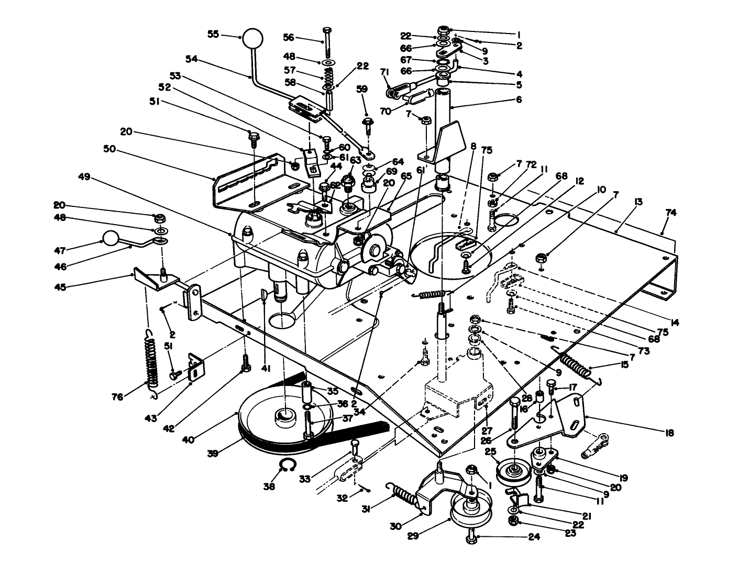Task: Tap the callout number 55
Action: click(x=213, y=35)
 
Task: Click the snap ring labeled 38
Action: click(x=287, y=465)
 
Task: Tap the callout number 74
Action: click(x=671, y=213)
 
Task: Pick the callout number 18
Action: click(x=669, y=433)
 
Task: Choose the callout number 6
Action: click(x=519, y=98)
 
